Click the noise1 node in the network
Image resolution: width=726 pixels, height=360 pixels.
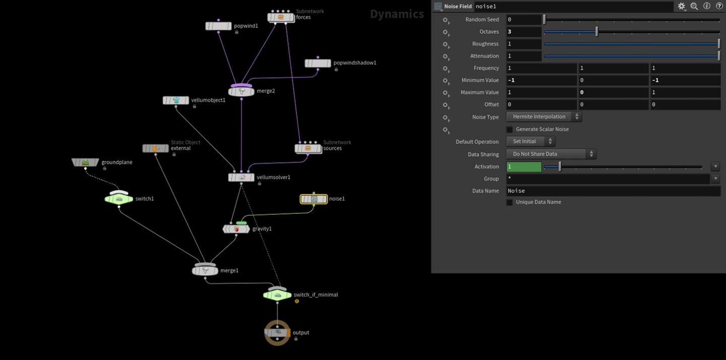click(314, 199)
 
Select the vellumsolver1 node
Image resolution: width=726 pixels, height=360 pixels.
click(241, 177)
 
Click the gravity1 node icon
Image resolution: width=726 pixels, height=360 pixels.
click(236, 229)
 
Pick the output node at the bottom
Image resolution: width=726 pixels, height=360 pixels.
click(277, 333)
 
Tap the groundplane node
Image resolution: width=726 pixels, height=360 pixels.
click(85, 162)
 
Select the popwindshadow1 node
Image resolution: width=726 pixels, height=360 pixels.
click(318, 64)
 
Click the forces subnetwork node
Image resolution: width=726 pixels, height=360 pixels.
click(280, 18)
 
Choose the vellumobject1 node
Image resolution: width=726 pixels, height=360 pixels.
click(175, 100)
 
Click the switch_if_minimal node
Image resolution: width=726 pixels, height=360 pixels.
click(277, 295)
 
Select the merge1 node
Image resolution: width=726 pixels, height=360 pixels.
click(205, 271)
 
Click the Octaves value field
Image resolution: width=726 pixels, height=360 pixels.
click(523, 32)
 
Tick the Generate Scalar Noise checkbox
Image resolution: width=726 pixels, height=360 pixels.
click(509, 130)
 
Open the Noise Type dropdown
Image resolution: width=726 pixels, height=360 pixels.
click(543, 117)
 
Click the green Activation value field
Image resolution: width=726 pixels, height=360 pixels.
click(523, 166)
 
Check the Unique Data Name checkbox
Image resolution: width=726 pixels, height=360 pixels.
click(509, 202)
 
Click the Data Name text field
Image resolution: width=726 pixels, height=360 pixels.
click(613, 191)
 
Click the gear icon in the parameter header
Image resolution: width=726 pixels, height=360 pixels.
click(682, 7)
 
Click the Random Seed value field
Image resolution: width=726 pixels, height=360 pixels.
click(523, 20)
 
